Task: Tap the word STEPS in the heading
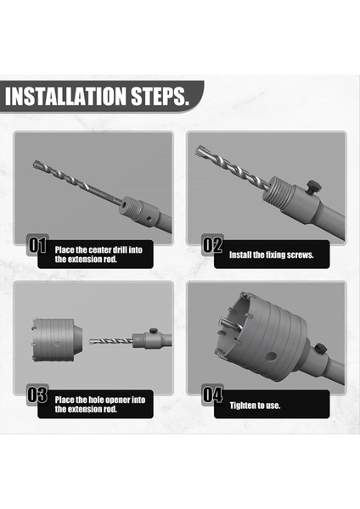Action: (x=160, y=95)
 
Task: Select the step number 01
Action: (x=37, y=246)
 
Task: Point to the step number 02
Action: (x=212, y=246)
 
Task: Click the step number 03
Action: (x=37, y=394)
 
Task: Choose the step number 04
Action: (x=212, y=394)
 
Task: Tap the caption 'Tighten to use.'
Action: (x=256, y=405)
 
